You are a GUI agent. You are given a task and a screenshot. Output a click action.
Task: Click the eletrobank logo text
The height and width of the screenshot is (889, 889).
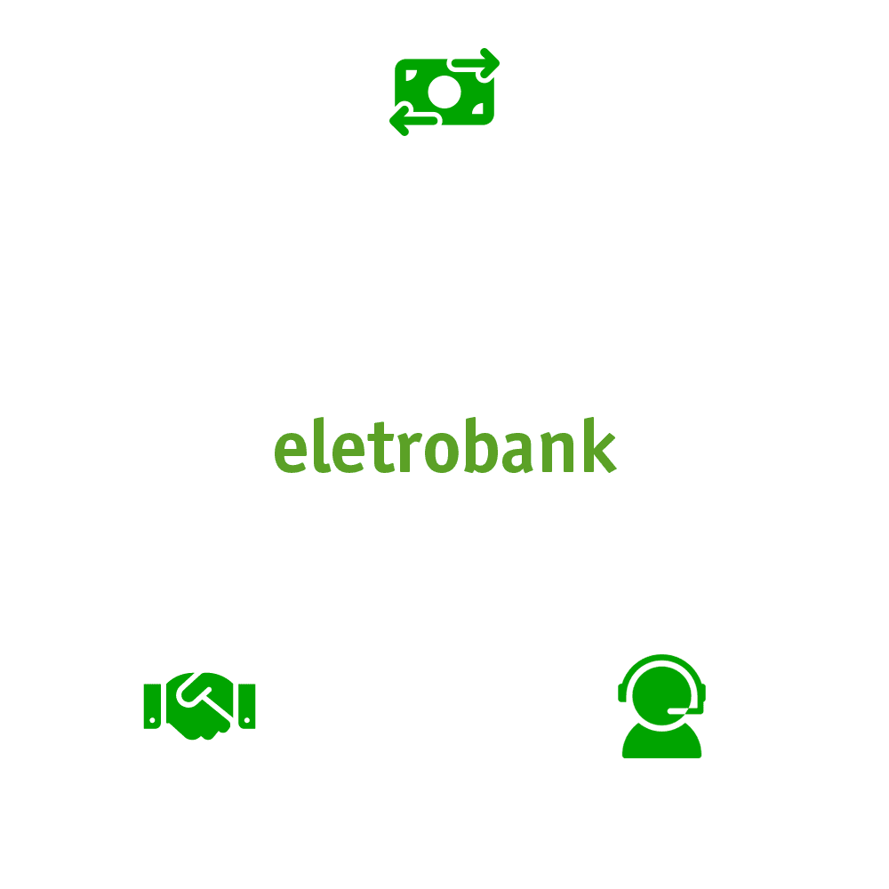tap(444, 449)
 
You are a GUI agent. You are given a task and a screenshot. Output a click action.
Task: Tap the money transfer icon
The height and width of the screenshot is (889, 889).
tap(444, 93)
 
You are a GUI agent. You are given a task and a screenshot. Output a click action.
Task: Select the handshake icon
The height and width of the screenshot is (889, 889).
tap(199, 706)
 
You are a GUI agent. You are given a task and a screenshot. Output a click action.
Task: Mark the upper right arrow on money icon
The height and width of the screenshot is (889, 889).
tap(476, 63)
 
